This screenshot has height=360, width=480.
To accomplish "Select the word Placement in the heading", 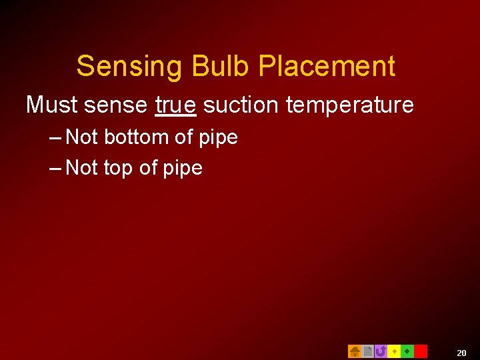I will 327,67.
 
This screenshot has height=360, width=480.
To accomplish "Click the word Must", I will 52,105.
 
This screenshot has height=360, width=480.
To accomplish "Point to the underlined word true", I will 175,105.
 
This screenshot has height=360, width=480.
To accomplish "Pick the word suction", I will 241,105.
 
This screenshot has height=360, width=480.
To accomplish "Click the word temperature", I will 349,105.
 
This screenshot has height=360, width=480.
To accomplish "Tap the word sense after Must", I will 116,105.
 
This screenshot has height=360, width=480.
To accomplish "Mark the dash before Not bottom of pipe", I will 56,138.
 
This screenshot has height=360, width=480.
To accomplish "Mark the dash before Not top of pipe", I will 56,168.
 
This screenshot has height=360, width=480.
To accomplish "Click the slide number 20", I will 461,352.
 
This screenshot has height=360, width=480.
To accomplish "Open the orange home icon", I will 355,351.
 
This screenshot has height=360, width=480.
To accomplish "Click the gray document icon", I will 367,351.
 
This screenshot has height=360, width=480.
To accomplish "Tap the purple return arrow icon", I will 381,351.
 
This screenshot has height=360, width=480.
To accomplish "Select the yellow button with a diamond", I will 394,351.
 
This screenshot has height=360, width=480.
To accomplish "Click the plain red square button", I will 421,351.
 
